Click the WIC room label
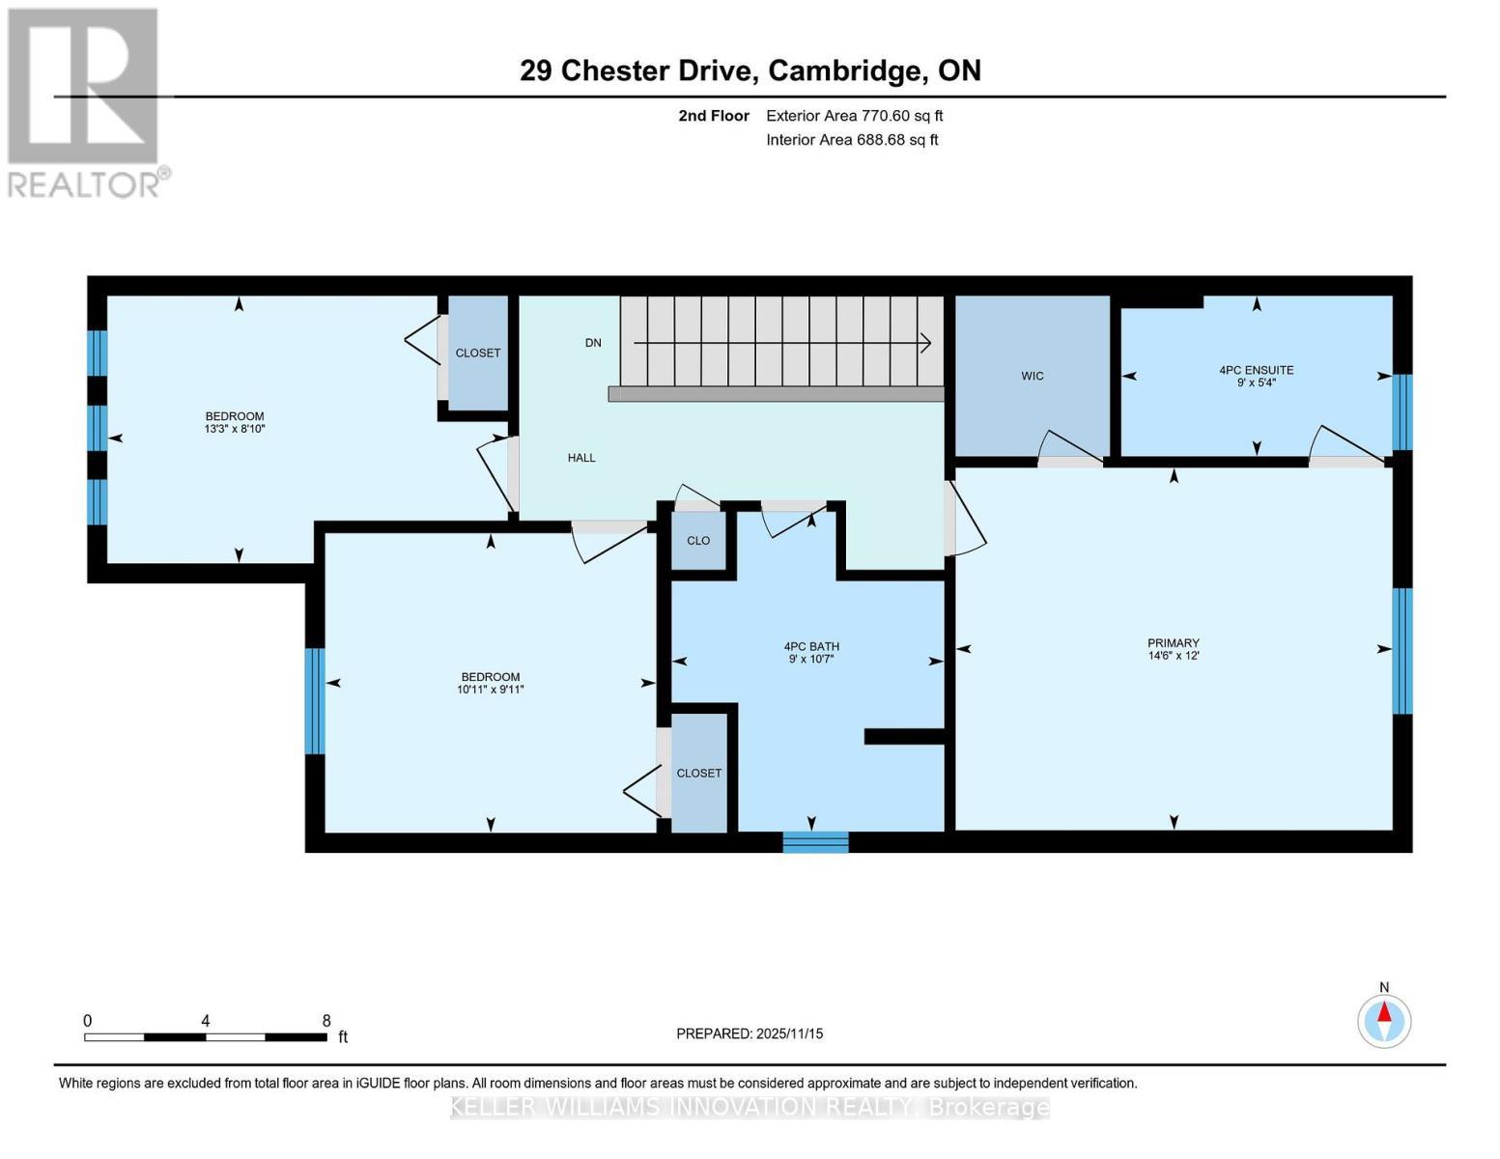tap(1032, 376)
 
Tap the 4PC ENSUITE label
tap(1256, 370)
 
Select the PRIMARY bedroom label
tap(1173, 643)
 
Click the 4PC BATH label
tap(810, 647)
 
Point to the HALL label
tap(581, 458)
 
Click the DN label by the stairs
tap(593, 343)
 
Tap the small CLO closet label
tap(698, 541)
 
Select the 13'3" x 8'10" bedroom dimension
tap(235, 429)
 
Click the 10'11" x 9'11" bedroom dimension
tap(491, 690)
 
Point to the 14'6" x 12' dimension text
tap(1173, 656)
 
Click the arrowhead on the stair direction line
tap(925, 343)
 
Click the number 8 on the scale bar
tap(326, 1021)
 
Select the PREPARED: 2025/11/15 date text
tap(750, 1033)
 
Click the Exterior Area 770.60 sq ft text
tap(854, 116)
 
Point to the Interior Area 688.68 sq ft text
tap(852, 140)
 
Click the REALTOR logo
tap(85, 102)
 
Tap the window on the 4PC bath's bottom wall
tap(815, 842)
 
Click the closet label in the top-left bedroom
tap(478, 353)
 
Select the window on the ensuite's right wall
tap(1401, 412)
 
